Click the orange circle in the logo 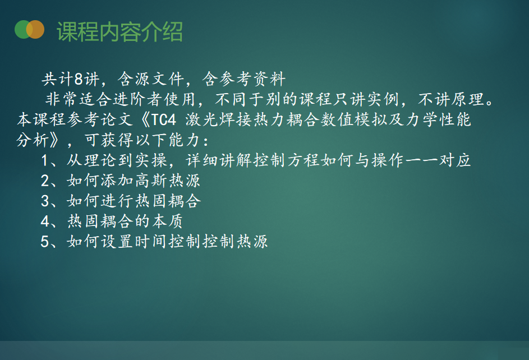pos(35,29)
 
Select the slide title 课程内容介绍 pos(119,32)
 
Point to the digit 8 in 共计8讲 pos(79,79)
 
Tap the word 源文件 pos(159,79)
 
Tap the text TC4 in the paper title pos(164,119)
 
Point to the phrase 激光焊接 pos(219,119)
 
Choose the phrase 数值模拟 pos(354,119)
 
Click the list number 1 pos(44,160)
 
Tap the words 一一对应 pos(438,160)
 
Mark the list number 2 pos(45,181)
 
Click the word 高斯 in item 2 pos(151,181)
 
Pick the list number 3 pos(45,201)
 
